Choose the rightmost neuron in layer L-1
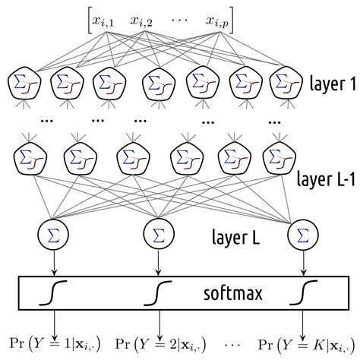[x=276, y=158]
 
